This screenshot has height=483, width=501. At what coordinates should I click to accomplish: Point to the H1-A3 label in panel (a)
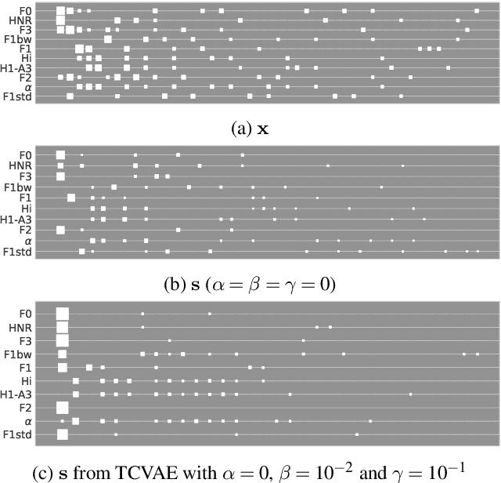coord(16,67)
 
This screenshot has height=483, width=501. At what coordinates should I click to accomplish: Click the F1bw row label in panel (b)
coord(18,187)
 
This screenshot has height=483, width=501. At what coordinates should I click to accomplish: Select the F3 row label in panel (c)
coord(25,341)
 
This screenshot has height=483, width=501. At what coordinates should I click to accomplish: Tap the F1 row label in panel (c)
coord(25,367)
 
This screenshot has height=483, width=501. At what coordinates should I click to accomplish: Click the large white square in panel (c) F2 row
coord(63,408)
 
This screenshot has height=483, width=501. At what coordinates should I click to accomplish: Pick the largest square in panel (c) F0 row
coord(63,314)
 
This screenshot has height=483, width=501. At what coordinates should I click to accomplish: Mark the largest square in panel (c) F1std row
coord(63,434)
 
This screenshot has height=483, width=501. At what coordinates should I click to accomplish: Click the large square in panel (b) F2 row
coord(60,230)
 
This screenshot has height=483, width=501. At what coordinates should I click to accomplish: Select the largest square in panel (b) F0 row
coord(60,155)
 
